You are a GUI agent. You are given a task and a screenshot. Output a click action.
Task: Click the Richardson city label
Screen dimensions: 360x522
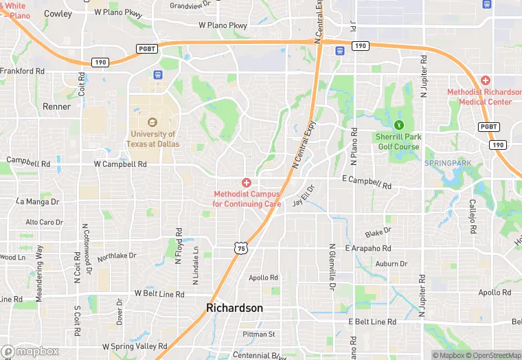234,308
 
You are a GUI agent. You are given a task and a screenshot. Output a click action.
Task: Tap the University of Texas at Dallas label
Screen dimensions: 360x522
152,139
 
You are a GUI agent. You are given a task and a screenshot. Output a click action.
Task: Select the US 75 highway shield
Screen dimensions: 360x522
240,249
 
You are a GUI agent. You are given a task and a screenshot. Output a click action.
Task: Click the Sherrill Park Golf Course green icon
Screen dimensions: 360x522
398,125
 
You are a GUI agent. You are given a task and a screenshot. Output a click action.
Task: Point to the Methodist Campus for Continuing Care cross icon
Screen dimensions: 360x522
246,182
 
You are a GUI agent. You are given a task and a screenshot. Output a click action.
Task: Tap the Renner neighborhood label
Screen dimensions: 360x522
56,107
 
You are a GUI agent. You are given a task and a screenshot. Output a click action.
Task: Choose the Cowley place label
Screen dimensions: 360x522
58,14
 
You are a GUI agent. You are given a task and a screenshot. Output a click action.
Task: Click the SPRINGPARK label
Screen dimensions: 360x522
449,163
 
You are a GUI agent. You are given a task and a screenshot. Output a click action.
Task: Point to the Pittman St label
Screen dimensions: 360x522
258,335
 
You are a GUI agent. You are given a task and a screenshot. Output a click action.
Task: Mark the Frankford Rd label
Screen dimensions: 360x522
23,71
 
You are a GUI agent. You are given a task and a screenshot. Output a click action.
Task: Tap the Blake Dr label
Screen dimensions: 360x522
378,234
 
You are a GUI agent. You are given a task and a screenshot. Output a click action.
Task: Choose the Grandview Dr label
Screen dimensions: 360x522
190,5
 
